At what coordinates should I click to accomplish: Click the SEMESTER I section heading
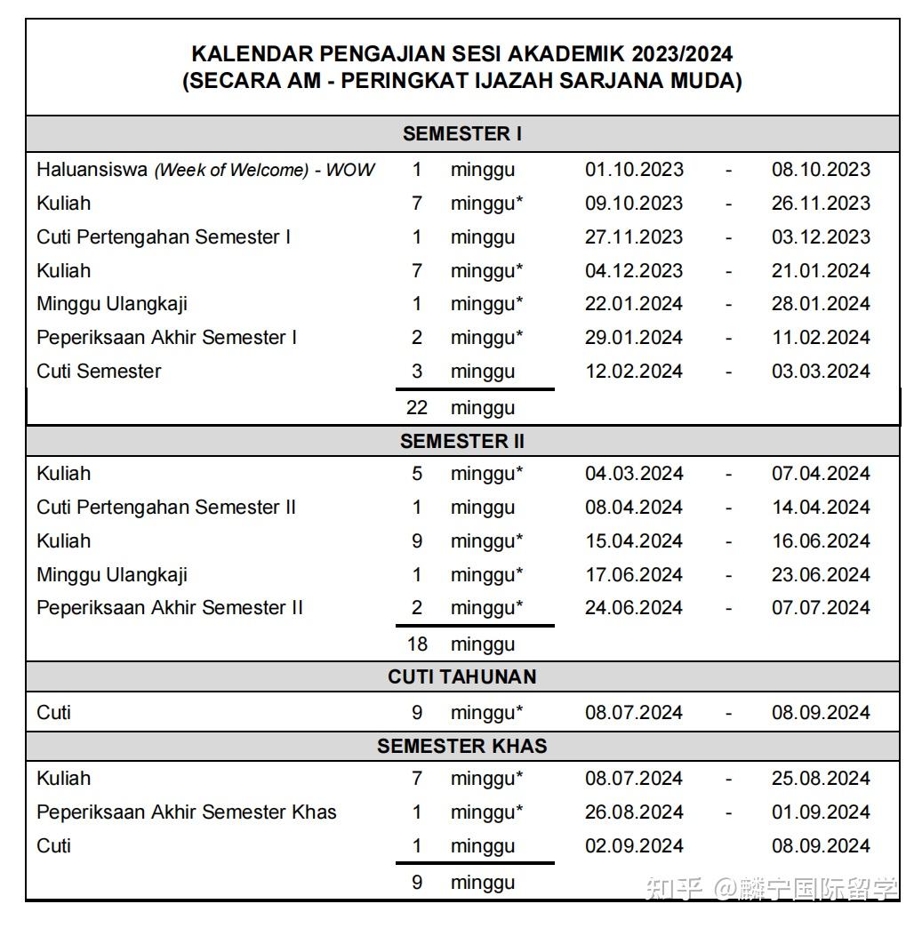pyautogui.click(x=461, y=134)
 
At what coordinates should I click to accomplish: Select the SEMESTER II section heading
pyautogui.click(x=461, y=442)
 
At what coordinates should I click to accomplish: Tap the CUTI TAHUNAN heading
pyautogui.click(x=461, y=677)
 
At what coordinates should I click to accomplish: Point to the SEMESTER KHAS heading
pyautogui.click(x=461, y=746)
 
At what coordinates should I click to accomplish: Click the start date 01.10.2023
pyautogui.click(x=634, y=170)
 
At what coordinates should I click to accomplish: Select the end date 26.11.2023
pyautogui.click(x=821, y=204)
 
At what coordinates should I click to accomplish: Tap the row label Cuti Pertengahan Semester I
pyautogui.click(x=164, y=237)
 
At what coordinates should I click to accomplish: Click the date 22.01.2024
pyautogui.click(x=634, y=304)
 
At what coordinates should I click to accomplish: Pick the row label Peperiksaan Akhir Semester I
pyautogui.click(x=167, y=338)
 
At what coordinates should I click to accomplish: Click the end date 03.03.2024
pyautogui.click(x=821, y=372)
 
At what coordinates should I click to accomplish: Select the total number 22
pyautogui.click(x=417, y=408)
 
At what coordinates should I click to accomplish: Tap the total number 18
pyautogui.click(x=417, y=644)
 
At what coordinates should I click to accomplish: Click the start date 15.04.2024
pyautogui.click(x=634, y=541)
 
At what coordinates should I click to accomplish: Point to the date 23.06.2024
pyautogui.click(x=821, y=575)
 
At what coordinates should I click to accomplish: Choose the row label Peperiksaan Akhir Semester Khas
pyautogui.click(x=187, y=812)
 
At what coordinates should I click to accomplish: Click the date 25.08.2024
pyautogui.click(x=821, y=779)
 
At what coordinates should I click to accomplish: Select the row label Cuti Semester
pyautogui.click(x=99, y=372)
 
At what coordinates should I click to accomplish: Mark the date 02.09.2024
pyautogui.click(x=634, y=846)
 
